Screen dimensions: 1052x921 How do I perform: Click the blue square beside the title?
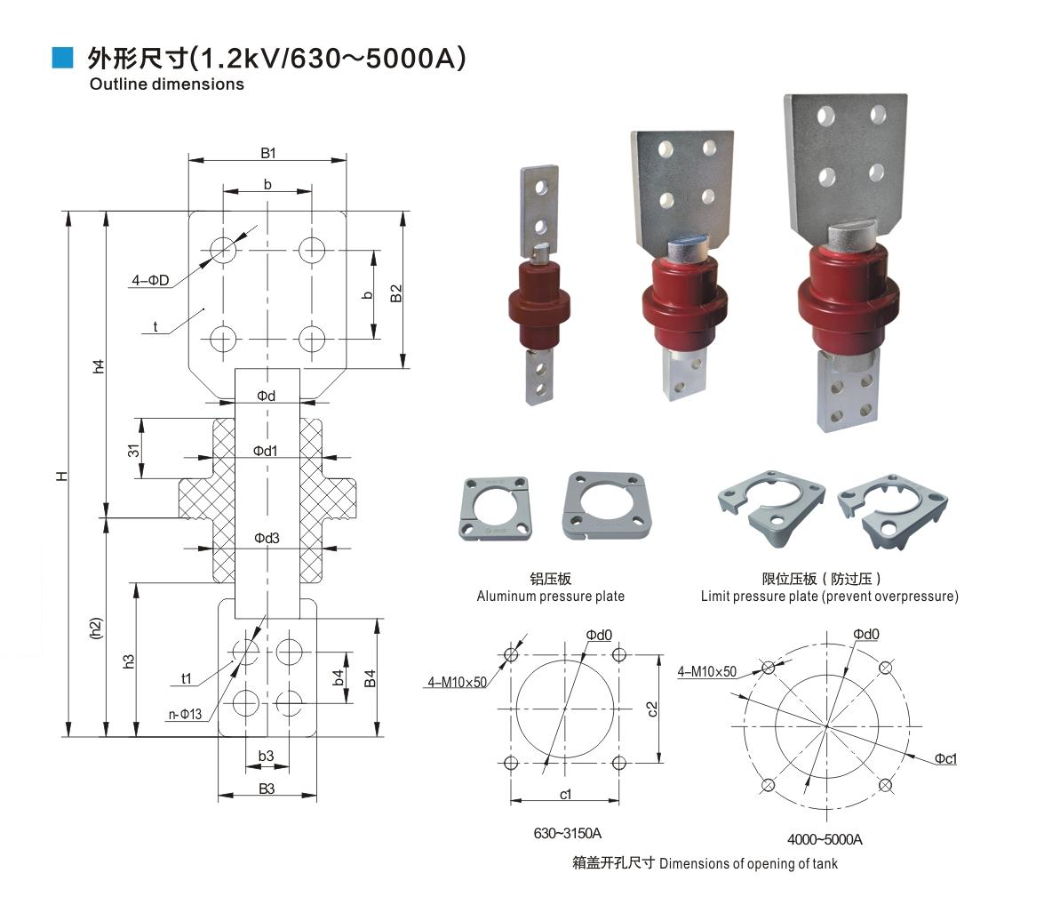pos(62,58)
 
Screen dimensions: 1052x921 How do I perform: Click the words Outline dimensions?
pos(166,84)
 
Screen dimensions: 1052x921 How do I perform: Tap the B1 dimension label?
pos(267,153)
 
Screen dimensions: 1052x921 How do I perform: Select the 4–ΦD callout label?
pos(150,280)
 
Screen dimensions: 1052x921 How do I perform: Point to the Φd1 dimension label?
pos(265,451)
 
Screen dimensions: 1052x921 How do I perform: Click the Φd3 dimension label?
pos(267,539)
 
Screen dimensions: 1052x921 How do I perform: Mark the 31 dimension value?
pos(133,451)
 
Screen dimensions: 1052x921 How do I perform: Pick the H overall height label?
pos(62,476)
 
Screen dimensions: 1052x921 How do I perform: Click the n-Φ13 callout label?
pos(185,714)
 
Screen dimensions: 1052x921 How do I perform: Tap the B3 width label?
pos(267,789)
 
